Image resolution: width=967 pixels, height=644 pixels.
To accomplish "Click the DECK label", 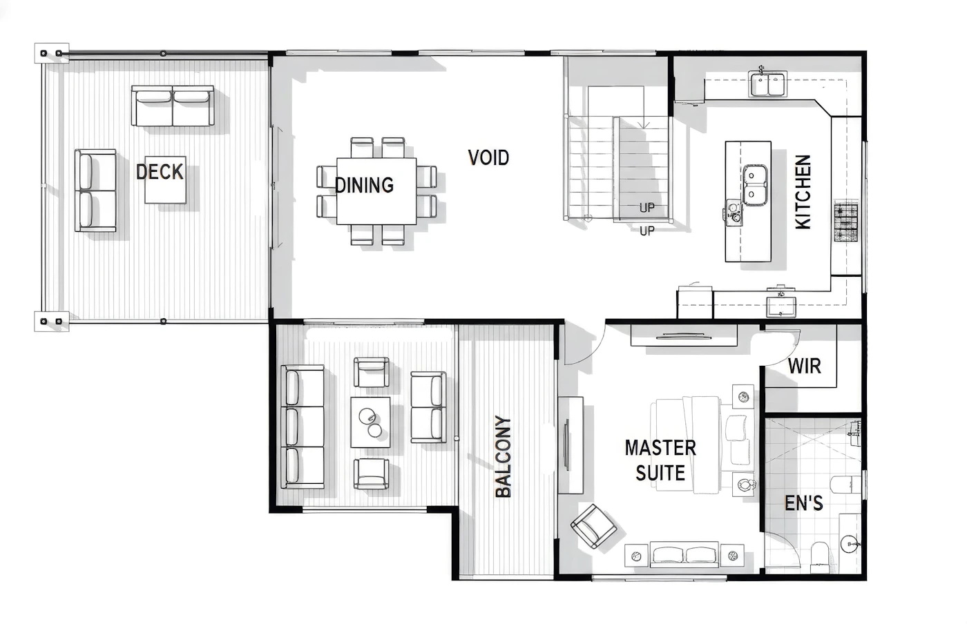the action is pyautogui.click(x=160, y=172).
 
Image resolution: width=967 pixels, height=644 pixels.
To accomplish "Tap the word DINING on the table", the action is pyautogui.click(x=365, y=185).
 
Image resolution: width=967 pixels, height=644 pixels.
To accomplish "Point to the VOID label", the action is pyautogui.click(x=488, y=158).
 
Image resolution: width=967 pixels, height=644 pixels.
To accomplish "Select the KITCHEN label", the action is pyautogui.click(x=803, y=192).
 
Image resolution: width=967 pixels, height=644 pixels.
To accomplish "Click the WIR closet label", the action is pyautogui.click(x=804, y=366).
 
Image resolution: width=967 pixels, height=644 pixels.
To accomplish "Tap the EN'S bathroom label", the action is pyautogui.click(x=804, y=503).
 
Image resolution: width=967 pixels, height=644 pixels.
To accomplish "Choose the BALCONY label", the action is pyautogui.click(x=503, y=457).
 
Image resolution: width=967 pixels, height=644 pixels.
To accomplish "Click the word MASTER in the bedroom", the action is pyautogui.click(x=660, y=448).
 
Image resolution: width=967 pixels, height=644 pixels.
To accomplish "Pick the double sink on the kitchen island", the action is pyautogui.click(x=754, y=185).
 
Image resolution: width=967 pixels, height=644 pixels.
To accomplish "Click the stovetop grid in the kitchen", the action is pyautogui.click(x=845, y=220).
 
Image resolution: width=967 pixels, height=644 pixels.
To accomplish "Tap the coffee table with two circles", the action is pyautogui.click(x=370, y=422).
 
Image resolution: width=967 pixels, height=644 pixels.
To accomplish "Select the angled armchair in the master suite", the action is pyautogui.click(x=593, y=526).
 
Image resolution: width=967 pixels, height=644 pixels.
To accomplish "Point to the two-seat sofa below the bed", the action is pyautogui.click(x=684, y=555).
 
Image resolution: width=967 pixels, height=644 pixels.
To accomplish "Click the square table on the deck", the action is pyautogui.click(x=165, y=179).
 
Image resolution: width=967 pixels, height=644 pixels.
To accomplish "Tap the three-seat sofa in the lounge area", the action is pyautogui.click(x=303, y=427).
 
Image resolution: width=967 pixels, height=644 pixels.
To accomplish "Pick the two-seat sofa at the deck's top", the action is pyautogui.click(x=173, y=106).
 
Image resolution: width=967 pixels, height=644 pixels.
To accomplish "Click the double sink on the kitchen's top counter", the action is pyautogui.click(x=767, y=84).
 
